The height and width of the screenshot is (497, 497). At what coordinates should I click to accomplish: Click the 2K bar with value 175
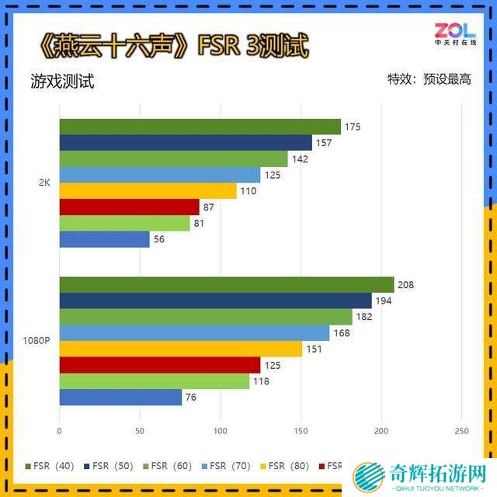click(x=200, y=127)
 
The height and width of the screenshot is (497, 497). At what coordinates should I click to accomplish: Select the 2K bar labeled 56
click(x=104, y=240)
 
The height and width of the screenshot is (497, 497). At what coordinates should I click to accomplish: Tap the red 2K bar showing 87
click(x=129, y=207)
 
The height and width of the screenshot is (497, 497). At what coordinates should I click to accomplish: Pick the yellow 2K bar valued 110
click(x=148, y=191)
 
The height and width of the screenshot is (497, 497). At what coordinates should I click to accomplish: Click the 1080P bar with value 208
click(x=226, y=285)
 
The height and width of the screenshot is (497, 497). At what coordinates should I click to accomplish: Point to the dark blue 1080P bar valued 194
click(x=215, y=301)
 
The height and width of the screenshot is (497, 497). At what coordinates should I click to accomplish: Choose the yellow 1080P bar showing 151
click(x=180, y=349)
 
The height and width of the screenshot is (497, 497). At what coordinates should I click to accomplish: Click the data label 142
click(x=300, y=159)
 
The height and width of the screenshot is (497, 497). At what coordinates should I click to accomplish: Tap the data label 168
click(x=341, y=333)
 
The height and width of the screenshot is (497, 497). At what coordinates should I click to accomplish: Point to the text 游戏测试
click(x=63, y=82)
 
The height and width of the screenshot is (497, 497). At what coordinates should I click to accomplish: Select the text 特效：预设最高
click(x=429, y=79)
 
